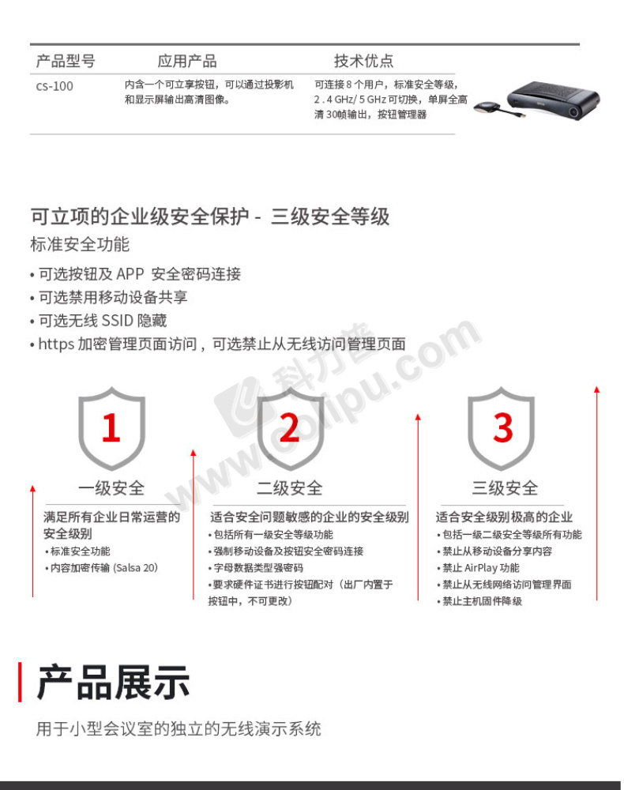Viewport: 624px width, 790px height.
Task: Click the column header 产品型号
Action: (x=66, y=61)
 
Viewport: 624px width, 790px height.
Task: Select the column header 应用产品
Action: (x=187, y=61)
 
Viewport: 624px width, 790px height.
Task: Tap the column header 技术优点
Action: (x=363, y=61)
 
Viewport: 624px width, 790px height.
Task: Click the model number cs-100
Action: (x=55, y=86)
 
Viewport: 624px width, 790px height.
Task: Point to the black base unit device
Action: (x=553, y=100)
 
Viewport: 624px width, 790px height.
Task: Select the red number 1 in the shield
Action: (x=111, y=427)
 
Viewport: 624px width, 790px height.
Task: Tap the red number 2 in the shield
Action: (x=290, y=427)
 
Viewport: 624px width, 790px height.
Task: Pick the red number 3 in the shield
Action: (x=502, y=427)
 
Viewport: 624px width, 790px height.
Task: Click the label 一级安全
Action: (x=111, y=487)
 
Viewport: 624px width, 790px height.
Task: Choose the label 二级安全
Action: (x=290, y=487)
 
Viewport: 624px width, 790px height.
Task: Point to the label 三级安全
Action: (x=505, y=487)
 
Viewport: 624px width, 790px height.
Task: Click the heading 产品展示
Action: (x=113, y=683)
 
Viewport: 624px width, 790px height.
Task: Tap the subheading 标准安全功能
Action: (x=80, y=244)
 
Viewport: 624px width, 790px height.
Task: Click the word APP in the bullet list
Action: (x=130, y=274)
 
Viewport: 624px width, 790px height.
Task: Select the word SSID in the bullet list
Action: (x=118, y=321)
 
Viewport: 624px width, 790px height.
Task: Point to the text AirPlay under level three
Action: (x=480, y=568)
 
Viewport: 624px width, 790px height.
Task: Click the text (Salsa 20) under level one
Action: (x=136, y=568)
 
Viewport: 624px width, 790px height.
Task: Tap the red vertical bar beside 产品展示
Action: (x=20, y=683)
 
